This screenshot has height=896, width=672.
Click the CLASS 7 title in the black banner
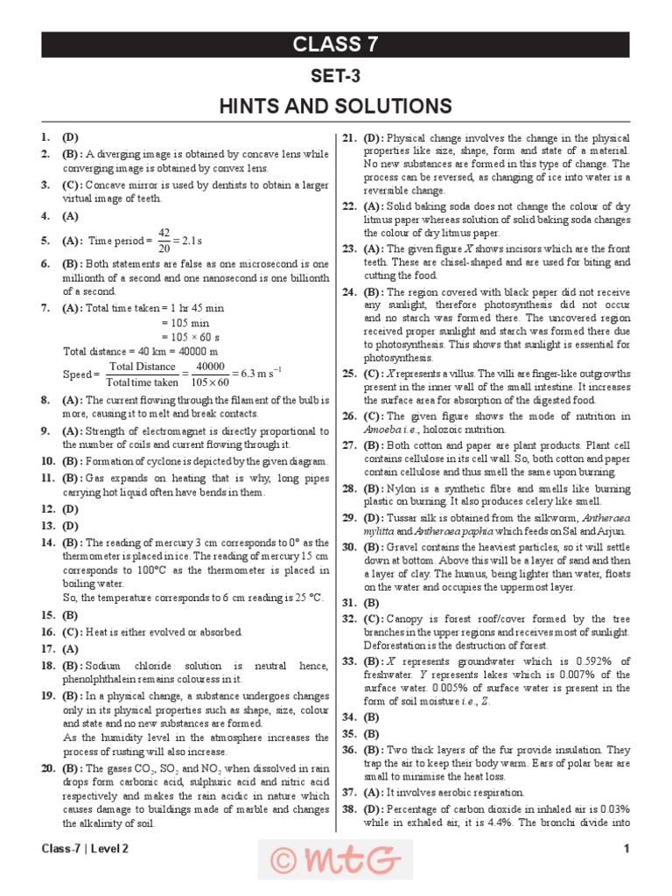(335, 45)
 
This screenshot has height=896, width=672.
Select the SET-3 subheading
(335, 77)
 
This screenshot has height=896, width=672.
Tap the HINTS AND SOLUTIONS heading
(335, 107)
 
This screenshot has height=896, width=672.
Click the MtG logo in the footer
(335, 860)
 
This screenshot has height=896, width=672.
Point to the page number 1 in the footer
(626, 849)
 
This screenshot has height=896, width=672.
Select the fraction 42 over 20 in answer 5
(164, 241)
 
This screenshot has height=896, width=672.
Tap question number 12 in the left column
(47, 508)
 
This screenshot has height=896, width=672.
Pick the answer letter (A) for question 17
(70, 649)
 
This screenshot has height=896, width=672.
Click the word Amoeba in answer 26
(381, 430)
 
